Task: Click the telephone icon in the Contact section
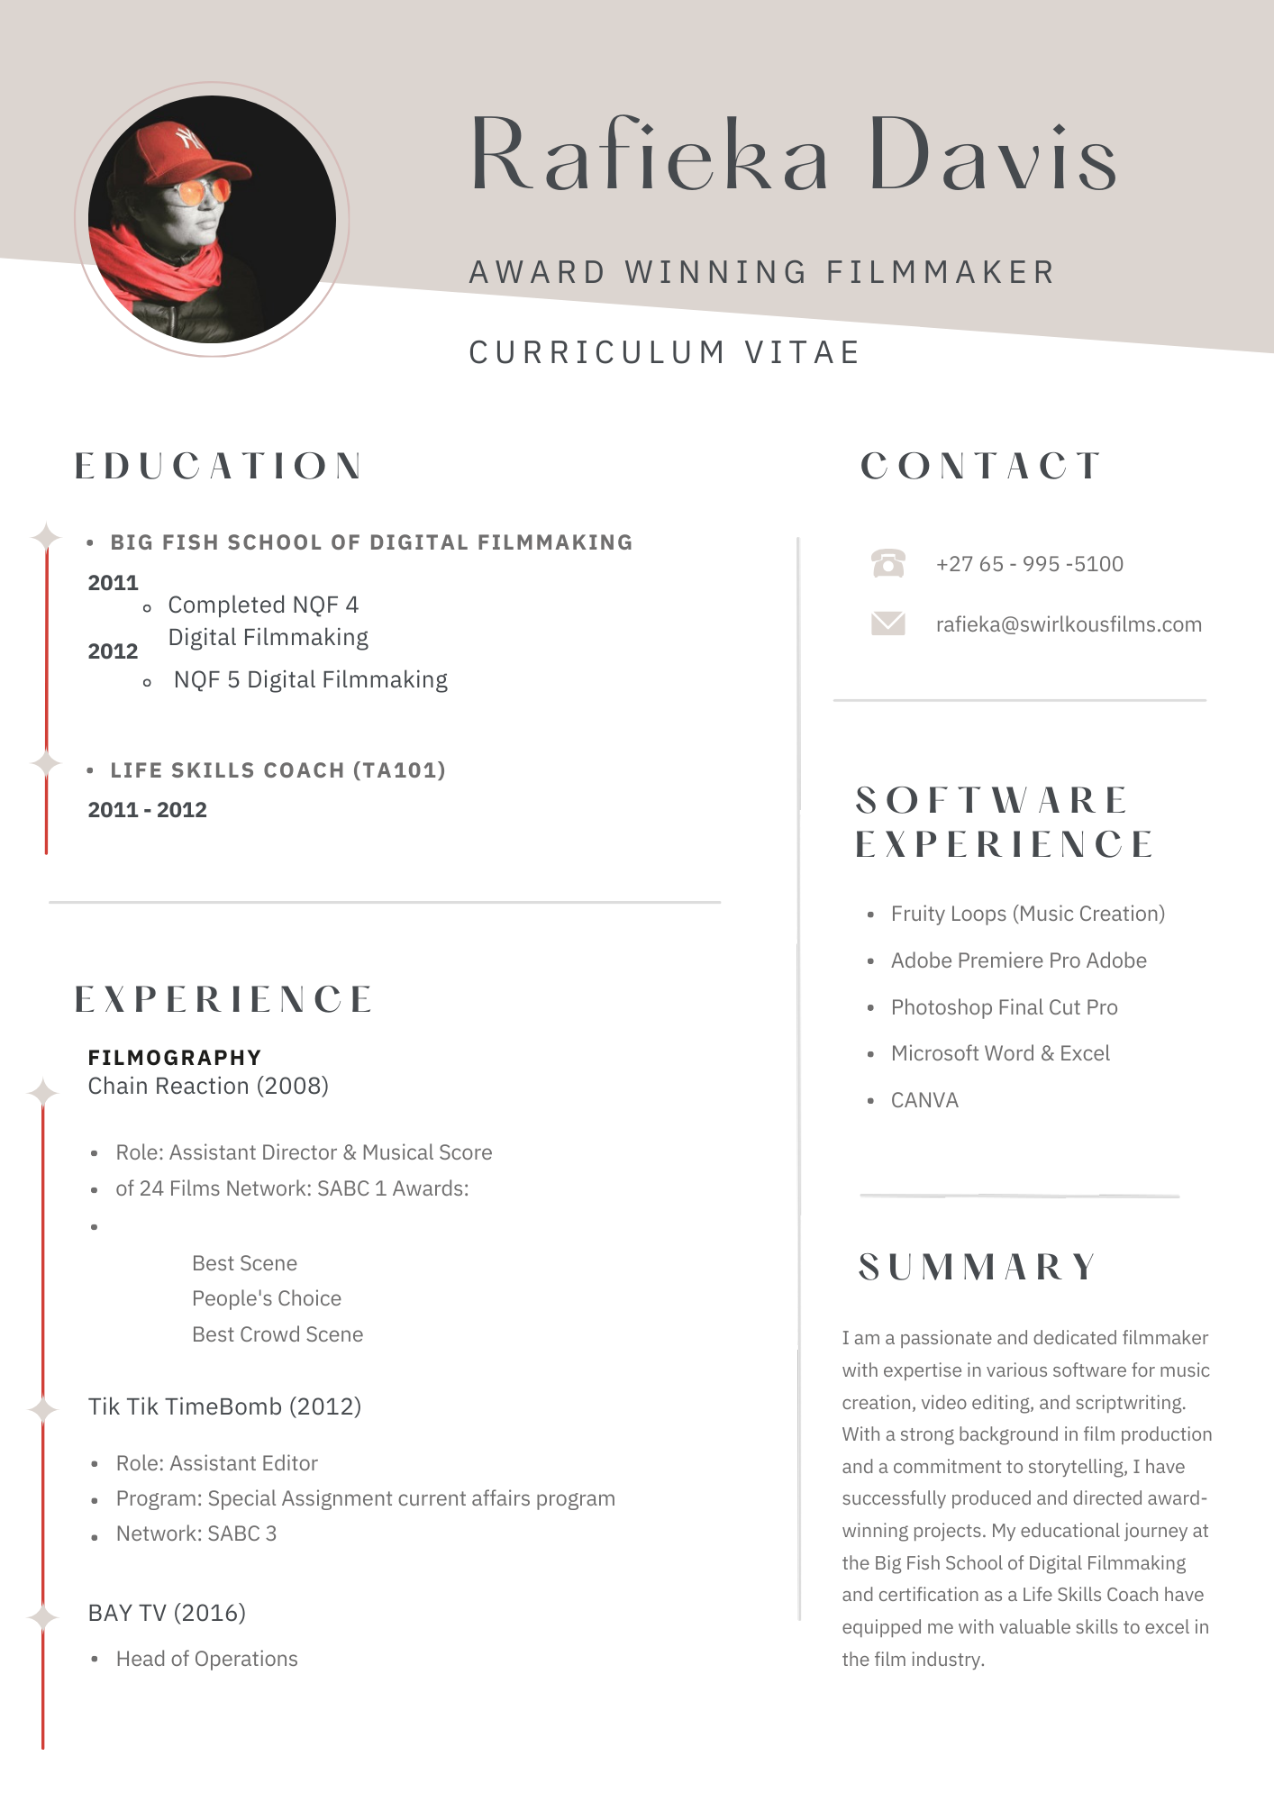click(887, 563)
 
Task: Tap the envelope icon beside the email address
click(887, 623)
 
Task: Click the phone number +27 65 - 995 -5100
click(1029, 564)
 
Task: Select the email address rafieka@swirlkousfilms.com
click(1068, 624)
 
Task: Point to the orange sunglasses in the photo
click(202, 191)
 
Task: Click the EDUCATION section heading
click(218, 466)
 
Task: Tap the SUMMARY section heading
click(978, 1267)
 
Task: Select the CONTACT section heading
click(980, 466)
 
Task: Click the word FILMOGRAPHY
click(175, 1057)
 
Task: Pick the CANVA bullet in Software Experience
click(924, 1100)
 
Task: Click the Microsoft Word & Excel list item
click(1000, 1053)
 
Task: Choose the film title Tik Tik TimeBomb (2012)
click(224, 1406)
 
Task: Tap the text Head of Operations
click(206, 1659)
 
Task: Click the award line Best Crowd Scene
click(278, 1334)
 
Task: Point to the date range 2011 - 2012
click(147, 810)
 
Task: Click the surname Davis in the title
click(992, 155)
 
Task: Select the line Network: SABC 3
click(196, 1534)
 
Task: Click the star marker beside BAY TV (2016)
click(42, 1617)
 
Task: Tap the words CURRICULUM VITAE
click(664, 352)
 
